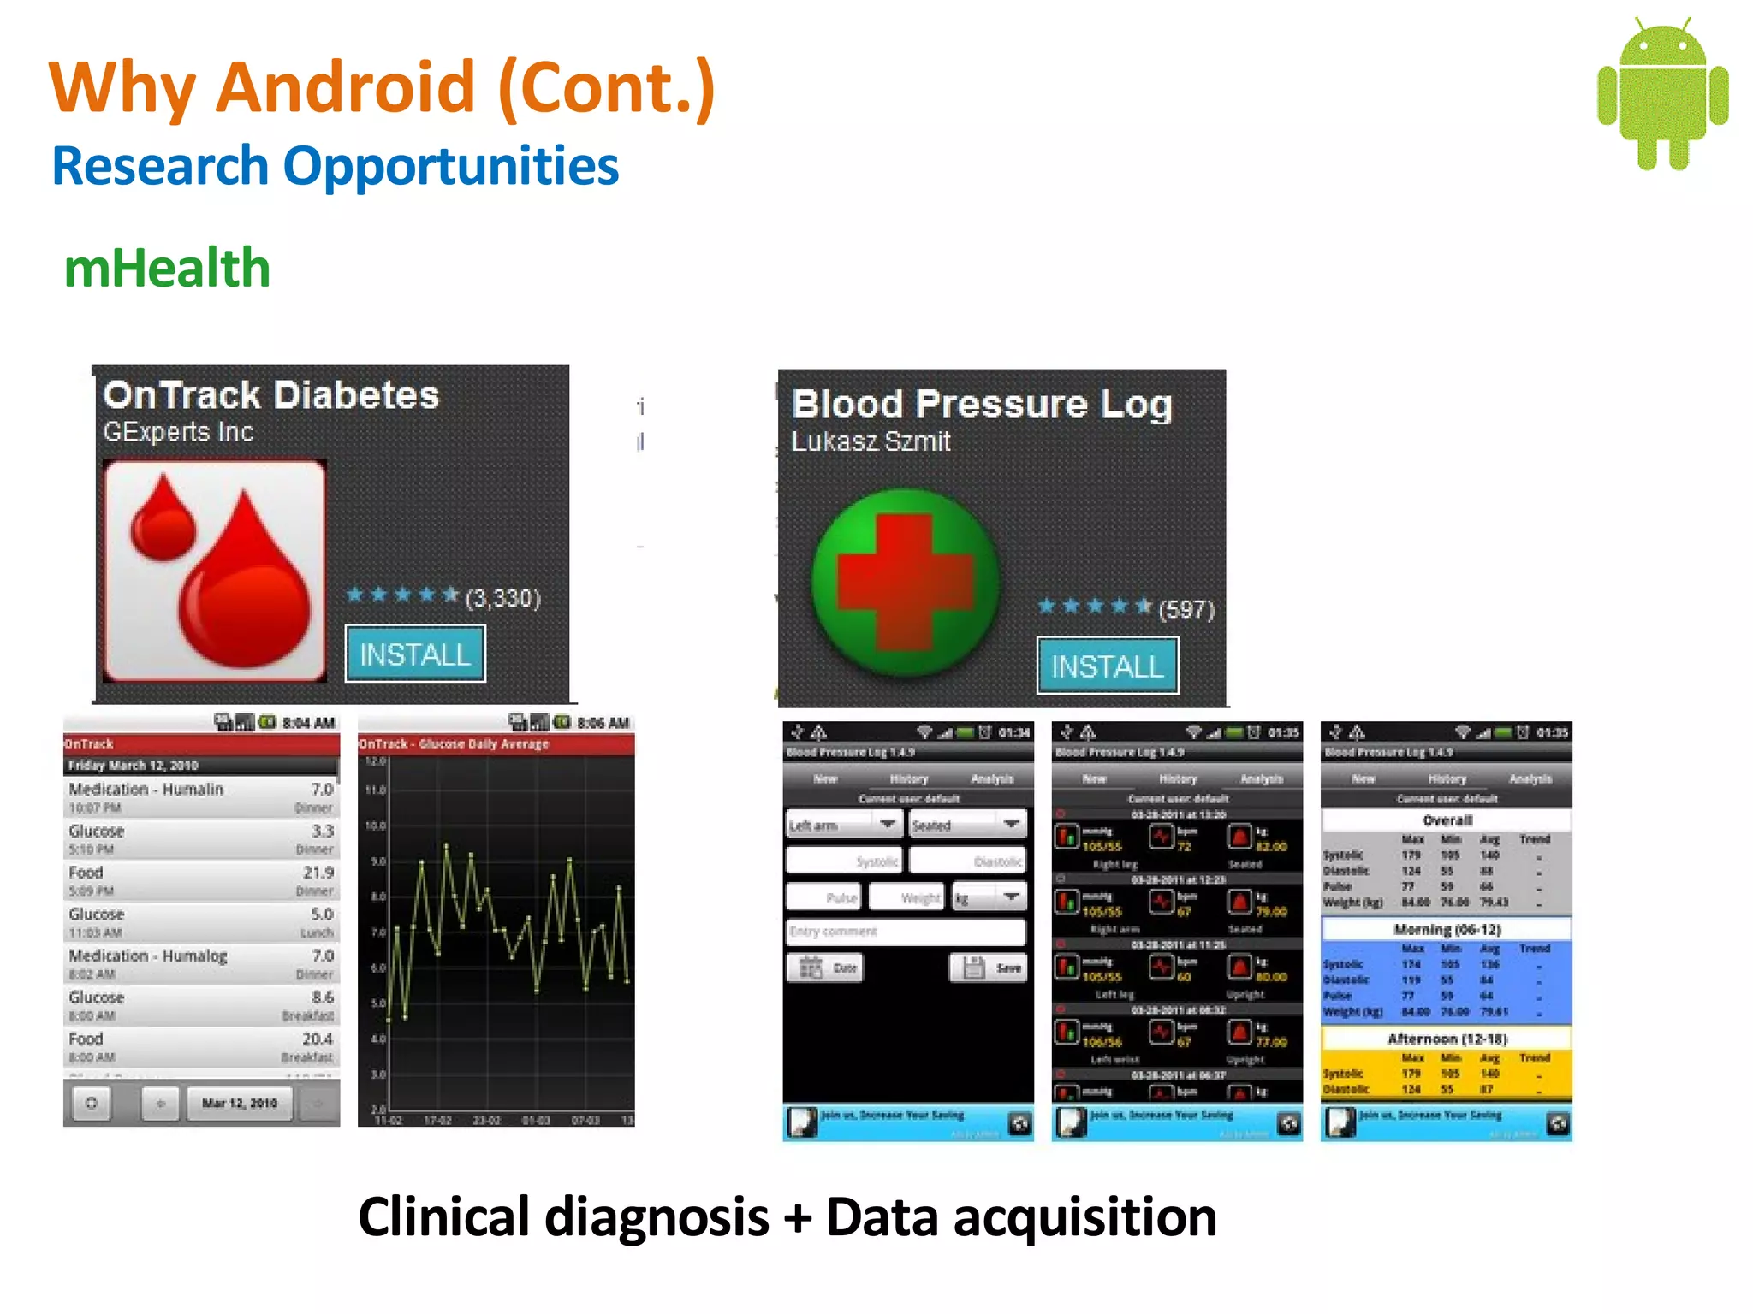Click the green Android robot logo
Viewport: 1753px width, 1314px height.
tap(1662, 94)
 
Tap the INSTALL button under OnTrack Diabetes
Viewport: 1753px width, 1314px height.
tap(415, 654)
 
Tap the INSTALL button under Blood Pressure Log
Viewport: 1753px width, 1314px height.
tap(1107, 666)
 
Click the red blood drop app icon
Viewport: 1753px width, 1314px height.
tap(215, 571)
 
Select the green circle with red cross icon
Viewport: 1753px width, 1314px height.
tap(906, 583)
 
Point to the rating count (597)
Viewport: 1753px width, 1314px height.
tap(1186, 609)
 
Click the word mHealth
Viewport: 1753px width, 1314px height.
tap(168, 269)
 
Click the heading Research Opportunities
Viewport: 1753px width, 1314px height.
tap(336, 166)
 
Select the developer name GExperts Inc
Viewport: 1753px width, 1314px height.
tap(178, 432)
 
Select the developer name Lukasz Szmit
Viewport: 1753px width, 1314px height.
tap(871, 441)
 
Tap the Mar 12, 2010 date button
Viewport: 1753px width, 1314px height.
tap(240, 1104)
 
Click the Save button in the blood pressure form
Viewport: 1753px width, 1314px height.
tap(989, 968)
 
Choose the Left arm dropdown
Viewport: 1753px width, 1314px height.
tap(843, 825)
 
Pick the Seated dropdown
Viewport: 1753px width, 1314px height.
tap(966, 825)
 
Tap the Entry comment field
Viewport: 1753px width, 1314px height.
tap(906, 932)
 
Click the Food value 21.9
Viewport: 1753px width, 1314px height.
tap(318, 873)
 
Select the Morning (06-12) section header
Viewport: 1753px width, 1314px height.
tap(1447, 930)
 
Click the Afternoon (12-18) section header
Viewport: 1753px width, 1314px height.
tap(1447, 1039)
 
